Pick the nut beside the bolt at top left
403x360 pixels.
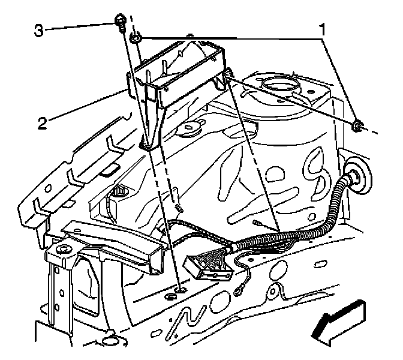[137, 40]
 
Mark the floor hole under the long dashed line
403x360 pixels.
[178, 292]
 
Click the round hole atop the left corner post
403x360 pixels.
[62, 248]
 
